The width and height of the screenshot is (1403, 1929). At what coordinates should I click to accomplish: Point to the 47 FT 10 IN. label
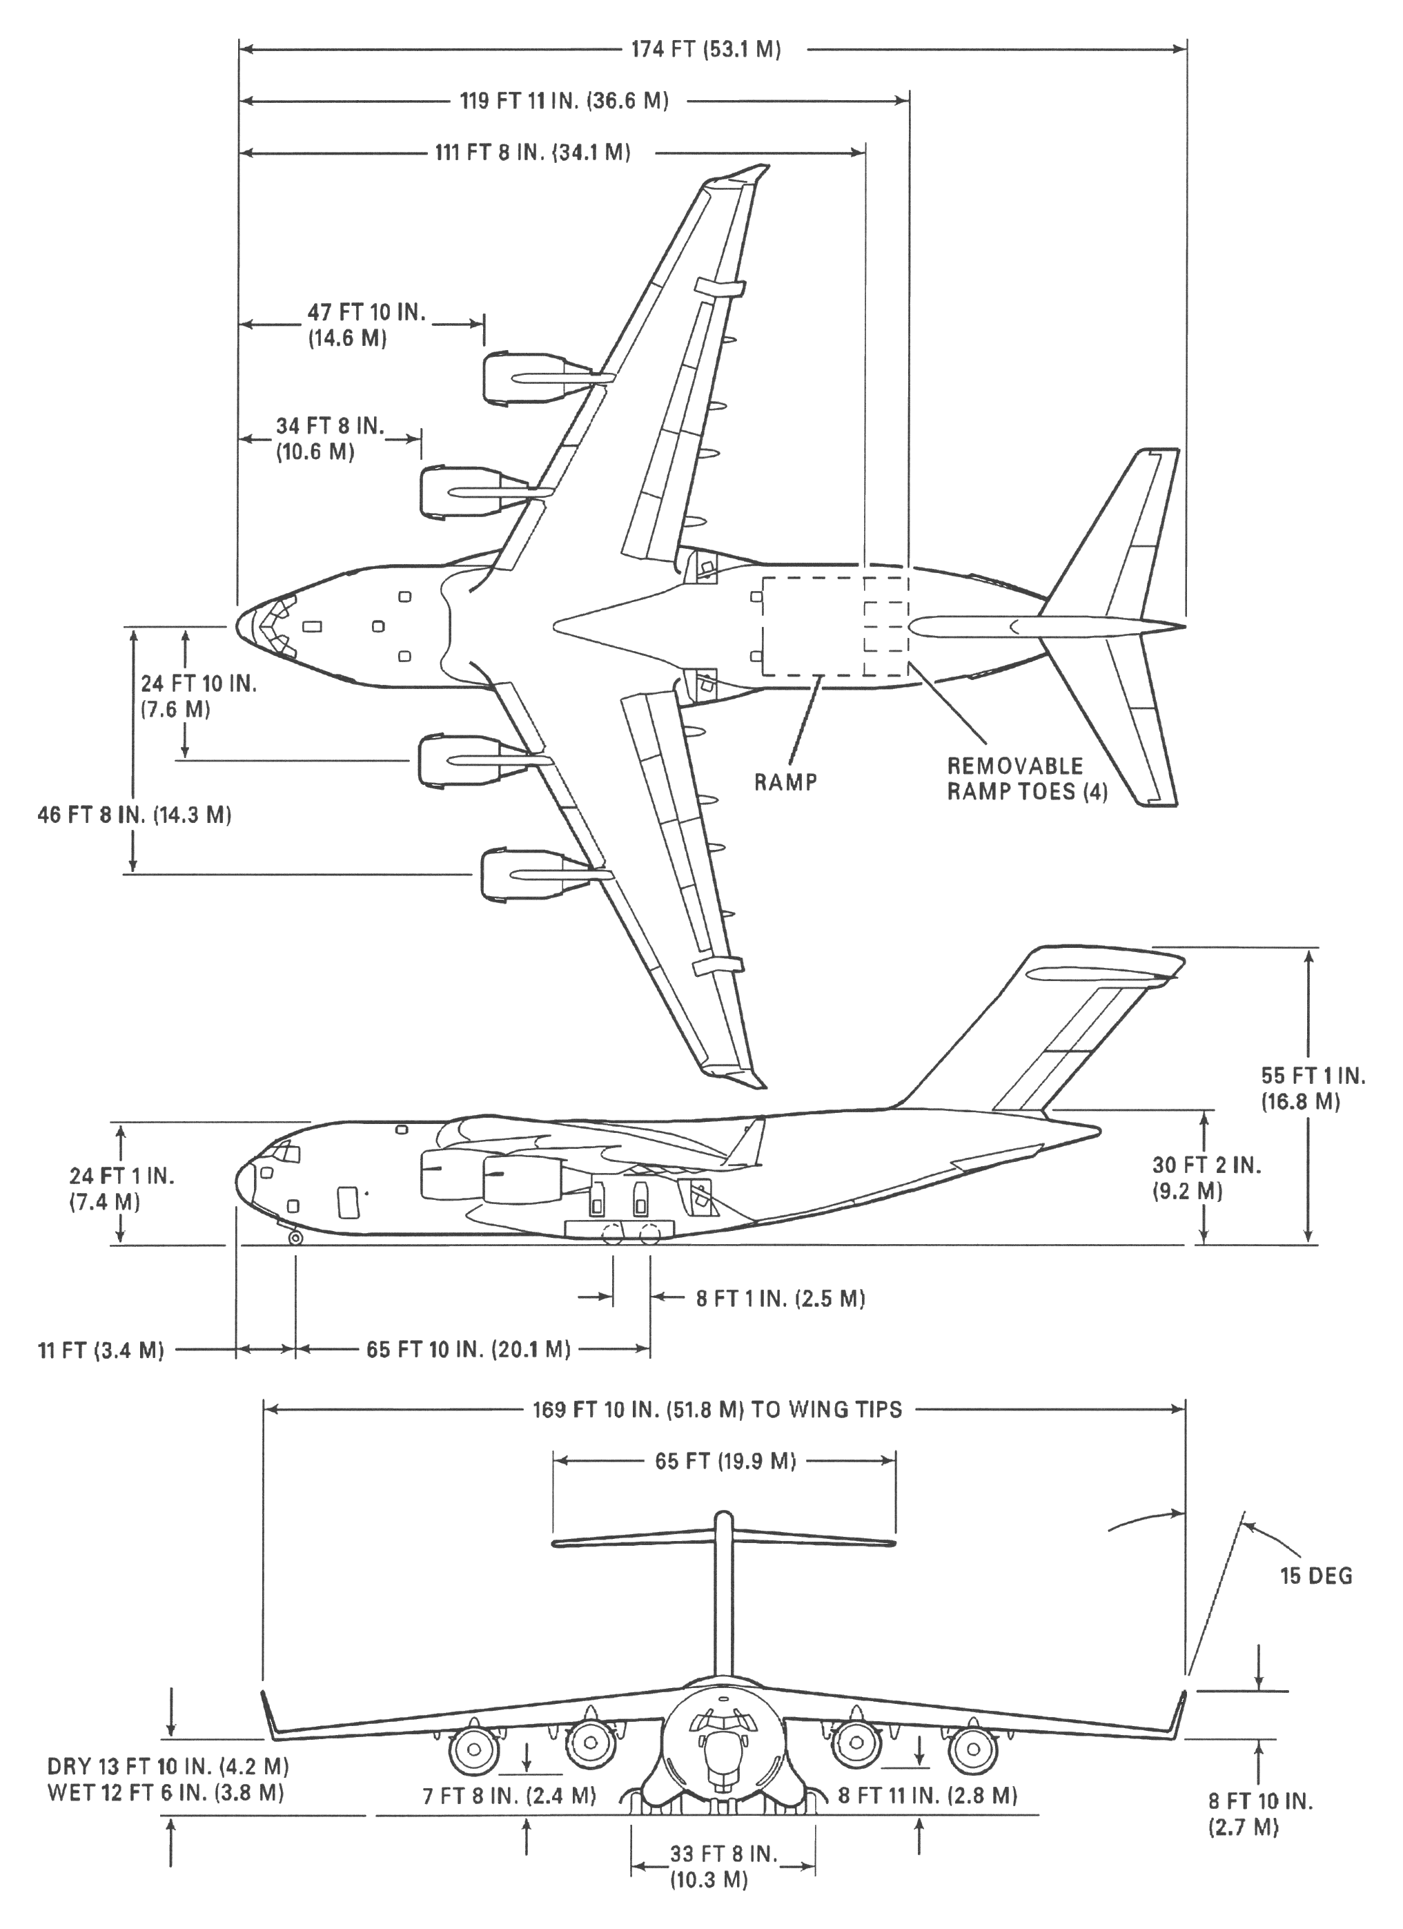366,325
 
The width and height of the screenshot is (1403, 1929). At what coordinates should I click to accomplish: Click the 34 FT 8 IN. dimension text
330,438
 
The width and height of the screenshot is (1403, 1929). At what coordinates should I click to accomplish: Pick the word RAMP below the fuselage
785,782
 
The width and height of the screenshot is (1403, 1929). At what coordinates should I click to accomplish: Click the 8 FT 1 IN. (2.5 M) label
781,1299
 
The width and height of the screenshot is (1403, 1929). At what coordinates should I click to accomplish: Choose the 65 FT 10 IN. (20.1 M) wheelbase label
469,1349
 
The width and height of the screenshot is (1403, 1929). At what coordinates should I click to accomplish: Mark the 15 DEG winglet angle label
1316,1576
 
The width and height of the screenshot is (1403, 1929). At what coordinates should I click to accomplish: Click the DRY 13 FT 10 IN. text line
168,1765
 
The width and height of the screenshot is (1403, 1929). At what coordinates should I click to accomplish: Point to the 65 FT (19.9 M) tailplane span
725,1460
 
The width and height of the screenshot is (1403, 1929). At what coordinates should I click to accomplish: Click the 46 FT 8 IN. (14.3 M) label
135,814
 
